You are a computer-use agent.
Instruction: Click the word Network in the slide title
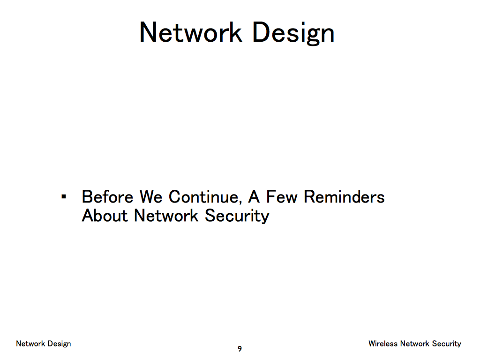point(191,32)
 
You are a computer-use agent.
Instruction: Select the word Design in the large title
point(293,34)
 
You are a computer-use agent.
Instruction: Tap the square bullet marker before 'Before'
point(64,196)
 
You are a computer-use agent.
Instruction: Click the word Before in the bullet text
point(107,196)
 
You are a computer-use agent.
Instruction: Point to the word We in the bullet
point(151,196)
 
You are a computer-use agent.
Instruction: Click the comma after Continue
point(240,202)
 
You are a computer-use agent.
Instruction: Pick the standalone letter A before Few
point(254,196)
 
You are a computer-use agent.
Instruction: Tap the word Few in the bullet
point(282,196)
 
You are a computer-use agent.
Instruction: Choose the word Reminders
point(344,196)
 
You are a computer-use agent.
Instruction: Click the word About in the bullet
point(105,216)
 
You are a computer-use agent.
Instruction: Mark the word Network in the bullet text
point(166,216)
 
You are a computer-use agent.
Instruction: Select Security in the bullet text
point(237,216)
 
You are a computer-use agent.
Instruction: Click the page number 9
point(240,349)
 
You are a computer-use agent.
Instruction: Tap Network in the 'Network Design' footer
point(30,344)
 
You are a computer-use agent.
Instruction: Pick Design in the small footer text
point(59,344)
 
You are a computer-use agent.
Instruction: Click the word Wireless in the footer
point(383,344)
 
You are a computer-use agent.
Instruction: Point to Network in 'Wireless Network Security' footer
point(414,344)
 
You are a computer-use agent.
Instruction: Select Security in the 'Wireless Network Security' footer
point(447,344)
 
